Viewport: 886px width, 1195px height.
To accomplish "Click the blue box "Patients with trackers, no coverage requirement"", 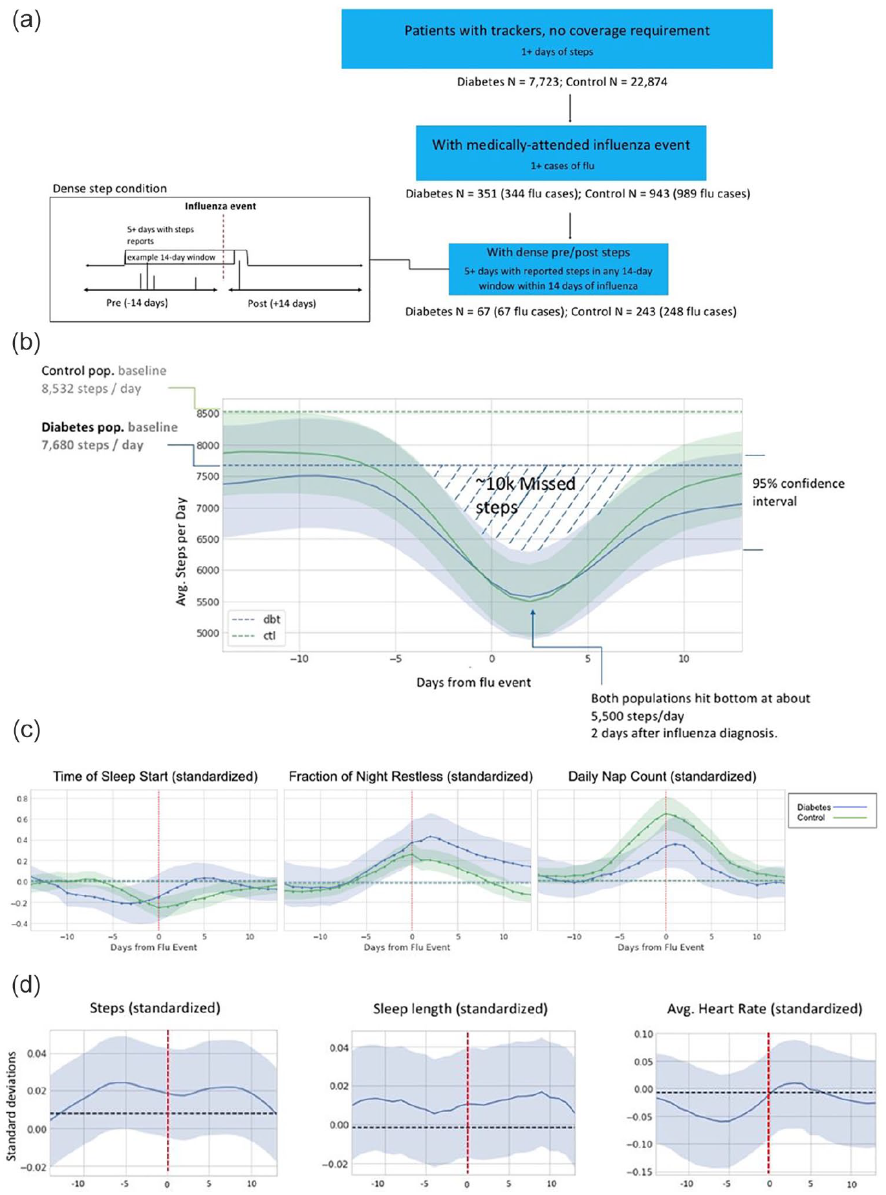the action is [x=557, y=39].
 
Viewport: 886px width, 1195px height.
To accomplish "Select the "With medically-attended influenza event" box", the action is [x=561, y=153].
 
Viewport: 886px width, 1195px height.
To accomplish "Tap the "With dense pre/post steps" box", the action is [x=558, y=269].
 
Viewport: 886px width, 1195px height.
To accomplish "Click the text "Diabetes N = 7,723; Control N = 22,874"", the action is [x=562, y=82].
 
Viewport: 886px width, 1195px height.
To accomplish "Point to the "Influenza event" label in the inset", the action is [x=221, y=206].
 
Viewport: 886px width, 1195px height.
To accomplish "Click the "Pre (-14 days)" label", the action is [x=137, y=303].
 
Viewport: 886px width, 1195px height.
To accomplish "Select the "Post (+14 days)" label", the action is [x=282, y=303].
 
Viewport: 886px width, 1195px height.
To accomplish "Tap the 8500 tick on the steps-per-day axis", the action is [x=208, y=413].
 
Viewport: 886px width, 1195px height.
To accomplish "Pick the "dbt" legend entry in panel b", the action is [x=256, y=619].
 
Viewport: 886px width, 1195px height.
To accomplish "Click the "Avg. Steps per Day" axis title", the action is [x=182, y=551].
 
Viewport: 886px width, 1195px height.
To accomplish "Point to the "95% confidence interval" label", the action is [x=798, y=492].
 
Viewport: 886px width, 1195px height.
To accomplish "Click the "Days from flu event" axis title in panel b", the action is [x=473, y=683].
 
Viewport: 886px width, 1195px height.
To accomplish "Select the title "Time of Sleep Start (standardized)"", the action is [x=155, y=776].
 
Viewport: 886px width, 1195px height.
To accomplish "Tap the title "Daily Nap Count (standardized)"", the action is [x=662, y=776].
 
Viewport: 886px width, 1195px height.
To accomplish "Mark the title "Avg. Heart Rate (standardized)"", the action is [x=764, y=1009].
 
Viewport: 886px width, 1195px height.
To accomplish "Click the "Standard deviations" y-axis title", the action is [x=11, y=1106].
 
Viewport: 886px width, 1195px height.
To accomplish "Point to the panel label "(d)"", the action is [x=27, y=985].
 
